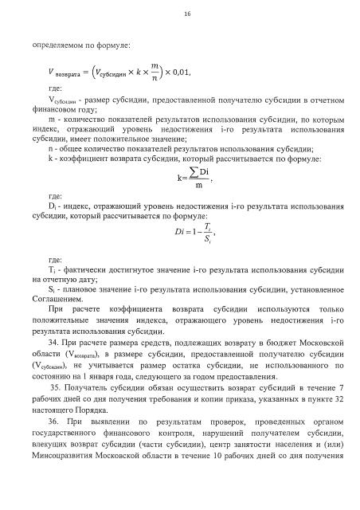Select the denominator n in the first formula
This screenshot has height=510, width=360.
click(155, 81)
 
